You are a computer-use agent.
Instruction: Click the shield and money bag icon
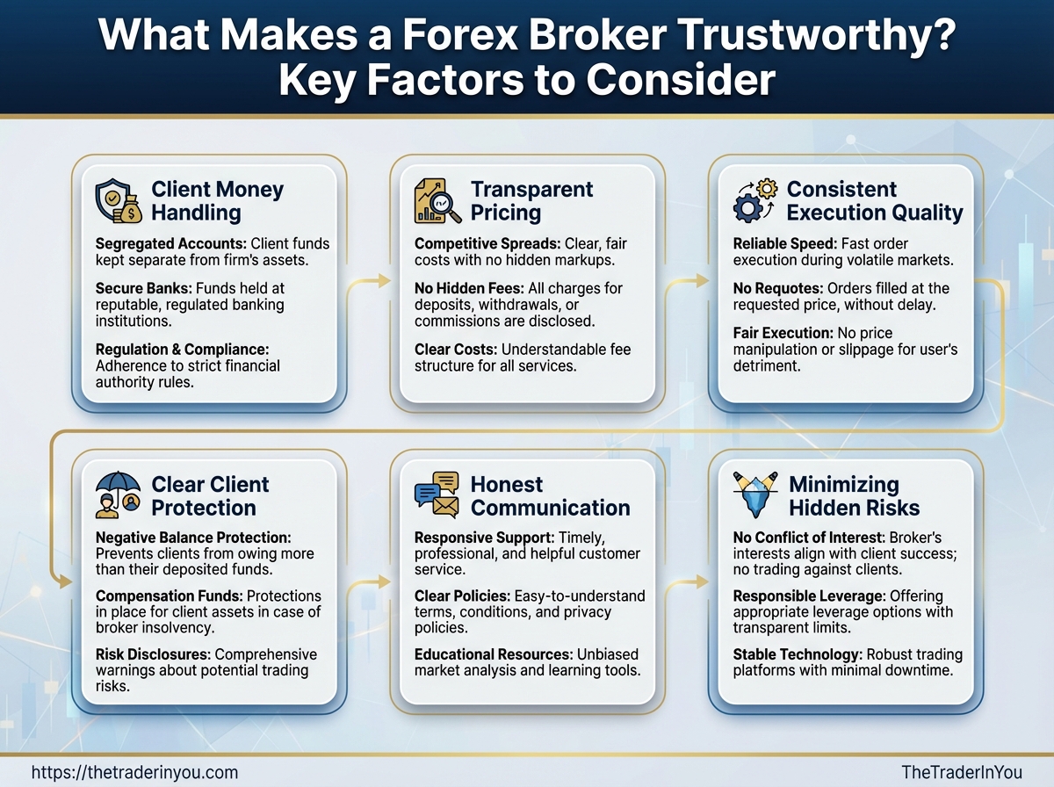(119, 201)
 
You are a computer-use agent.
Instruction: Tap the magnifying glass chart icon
(437, 201)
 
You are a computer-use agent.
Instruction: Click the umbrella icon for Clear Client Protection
(118, 495)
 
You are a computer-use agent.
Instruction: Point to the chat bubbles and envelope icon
(437, 495)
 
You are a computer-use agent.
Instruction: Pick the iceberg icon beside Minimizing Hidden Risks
(756, 495)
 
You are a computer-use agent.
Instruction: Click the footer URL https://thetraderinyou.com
(134, 772)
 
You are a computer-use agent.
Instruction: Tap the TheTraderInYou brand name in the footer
(962, 772)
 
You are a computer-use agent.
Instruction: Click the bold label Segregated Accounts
(171, 244)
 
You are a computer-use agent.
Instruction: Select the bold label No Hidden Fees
(469, 288)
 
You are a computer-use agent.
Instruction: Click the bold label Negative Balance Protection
(193, 538)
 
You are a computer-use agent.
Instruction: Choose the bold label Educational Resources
(494, 654)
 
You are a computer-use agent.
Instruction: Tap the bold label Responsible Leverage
(809, 596)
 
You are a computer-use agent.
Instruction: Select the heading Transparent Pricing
(531, 201)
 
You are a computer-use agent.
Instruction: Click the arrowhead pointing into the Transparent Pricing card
(385, 280)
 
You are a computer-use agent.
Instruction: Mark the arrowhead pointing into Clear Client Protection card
(66, 582)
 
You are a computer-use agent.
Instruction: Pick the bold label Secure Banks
(143, 288)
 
